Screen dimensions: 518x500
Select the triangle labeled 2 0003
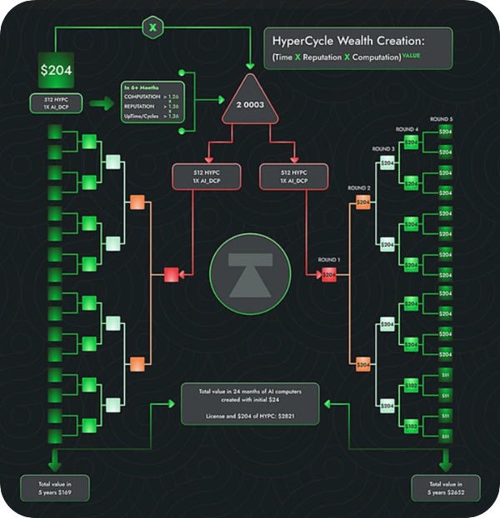[252, 104]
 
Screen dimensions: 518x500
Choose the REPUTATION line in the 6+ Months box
[144, 107]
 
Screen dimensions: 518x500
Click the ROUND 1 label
[328, 260]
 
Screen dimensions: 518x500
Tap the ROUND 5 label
[442, 120]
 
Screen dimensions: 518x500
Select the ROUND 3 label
[384, 149]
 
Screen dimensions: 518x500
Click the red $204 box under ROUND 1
[329, 274]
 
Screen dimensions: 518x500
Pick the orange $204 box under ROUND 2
[362, 202]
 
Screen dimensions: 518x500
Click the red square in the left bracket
[172, 274]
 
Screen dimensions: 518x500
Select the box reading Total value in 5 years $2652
[446, 488]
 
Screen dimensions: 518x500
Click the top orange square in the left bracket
[137, 202]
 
